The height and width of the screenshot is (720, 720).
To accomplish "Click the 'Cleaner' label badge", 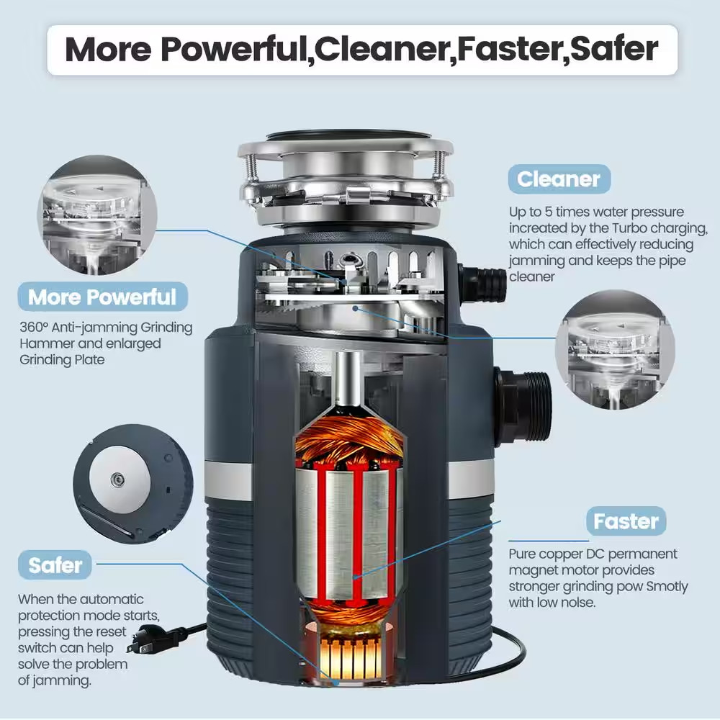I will point(559,179).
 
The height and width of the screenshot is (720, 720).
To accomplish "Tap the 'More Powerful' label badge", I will point(102,296).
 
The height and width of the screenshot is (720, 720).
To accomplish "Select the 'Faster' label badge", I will point(626,521).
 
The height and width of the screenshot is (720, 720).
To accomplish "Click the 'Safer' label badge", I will point(56,565).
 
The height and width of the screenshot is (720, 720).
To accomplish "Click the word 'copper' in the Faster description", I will point(564,554).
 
